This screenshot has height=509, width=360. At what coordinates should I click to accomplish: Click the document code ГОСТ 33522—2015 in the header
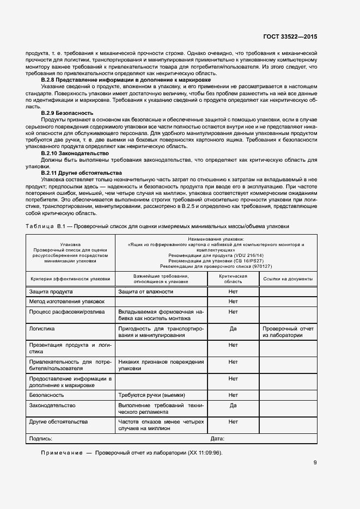[x=290, y=37]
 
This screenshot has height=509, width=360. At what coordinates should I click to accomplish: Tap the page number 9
[x=315, y=463]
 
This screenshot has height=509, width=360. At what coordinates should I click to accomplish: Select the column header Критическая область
[x=233, y=279]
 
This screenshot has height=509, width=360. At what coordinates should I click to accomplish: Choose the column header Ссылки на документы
[x=288, y=279]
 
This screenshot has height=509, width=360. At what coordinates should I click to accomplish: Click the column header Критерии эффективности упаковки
[x=70, y=279]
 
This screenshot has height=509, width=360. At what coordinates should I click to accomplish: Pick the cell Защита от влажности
[x=146, y=292]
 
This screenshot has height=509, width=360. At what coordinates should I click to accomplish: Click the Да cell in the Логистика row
[x=233, y=329]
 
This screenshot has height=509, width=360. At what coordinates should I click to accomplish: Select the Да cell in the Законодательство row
[x=233, y=406]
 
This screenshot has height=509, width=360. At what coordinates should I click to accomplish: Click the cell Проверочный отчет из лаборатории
[x=288, y=332]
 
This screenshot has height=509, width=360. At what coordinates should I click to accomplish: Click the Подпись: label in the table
[x=41, y=438]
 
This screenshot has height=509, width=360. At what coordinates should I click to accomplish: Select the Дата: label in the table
[x=217, y=438]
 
